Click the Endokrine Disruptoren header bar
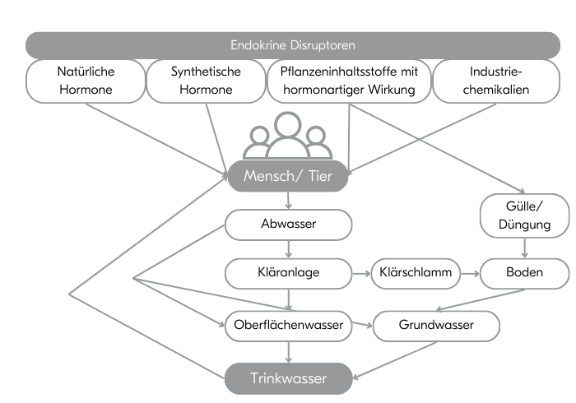click(x=293, y=44)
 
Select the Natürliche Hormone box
click(x=86, y=81)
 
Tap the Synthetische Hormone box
click(x=206, y=81)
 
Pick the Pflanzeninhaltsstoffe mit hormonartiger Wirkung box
click(x=349, y=81)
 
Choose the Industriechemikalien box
click(x=496, y=81)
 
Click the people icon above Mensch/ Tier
click(x=286, y=136)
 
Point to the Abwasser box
click(x=289, y=223)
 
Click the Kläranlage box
click(x=289, y=272)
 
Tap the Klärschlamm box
click(x=416, y=272)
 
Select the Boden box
click(x=525, y=272)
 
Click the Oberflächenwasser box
click(x=288, y=327)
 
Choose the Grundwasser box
click(x=436, y=327)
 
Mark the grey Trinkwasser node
click(x=288, y=378)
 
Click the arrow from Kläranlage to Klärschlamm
click(x=361, y=272)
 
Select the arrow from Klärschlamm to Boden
click(x=470, y=272)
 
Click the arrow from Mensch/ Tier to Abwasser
click(x=288, y=200)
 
